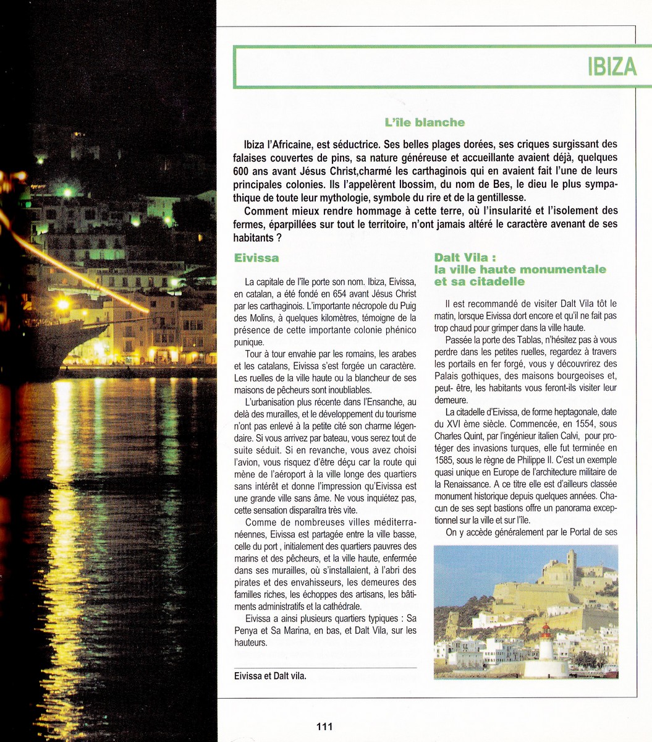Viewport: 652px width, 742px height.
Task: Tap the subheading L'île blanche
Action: tap(425, 122)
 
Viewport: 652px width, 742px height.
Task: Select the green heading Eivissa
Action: tap(256, 258)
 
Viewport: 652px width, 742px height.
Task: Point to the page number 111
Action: tap(324, 727)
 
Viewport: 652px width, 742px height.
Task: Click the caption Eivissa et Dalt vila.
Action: tap(270, 676)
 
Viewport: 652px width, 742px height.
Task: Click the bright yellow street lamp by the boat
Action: tap(62, 304)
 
